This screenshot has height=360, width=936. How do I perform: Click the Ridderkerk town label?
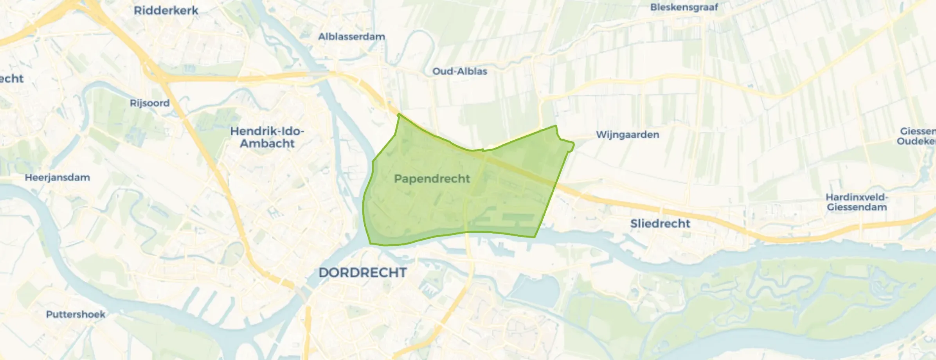tap(166, 11)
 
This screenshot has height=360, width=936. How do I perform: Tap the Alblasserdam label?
tap(351, 36)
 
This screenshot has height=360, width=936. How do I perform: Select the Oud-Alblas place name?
tap(460, 71)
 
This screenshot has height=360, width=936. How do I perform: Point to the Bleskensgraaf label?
tap(684, 7)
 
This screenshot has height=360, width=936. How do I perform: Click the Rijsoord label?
tap(149, 103)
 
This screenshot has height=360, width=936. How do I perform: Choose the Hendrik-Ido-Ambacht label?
tap(267, 137)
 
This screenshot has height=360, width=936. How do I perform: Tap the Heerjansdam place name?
tap(58, 177)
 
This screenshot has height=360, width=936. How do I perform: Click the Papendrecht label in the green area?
tap(432, 179)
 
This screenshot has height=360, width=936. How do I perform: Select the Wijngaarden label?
tap(628, 135)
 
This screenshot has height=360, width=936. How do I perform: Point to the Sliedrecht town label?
tap(660, 223)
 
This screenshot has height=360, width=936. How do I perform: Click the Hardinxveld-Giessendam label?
tap(857, 202)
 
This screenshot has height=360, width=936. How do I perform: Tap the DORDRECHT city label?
tap(363, 273)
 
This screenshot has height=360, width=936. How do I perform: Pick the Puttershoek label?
tap(76, 314)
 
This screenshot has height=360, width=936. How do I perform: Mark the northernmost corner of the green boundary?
tap(398, 114)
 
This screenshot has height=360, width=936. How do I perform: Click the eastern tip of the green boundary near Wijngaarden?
tap(573, 145)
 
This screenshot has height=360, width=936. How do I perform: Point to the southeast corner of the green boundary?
tap(535, 237)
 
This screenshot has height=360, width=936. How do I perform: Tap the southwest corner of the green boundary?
tap(370, 244)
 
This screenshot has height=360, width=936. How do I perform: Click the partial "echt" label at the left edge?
tap(11, 79)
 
